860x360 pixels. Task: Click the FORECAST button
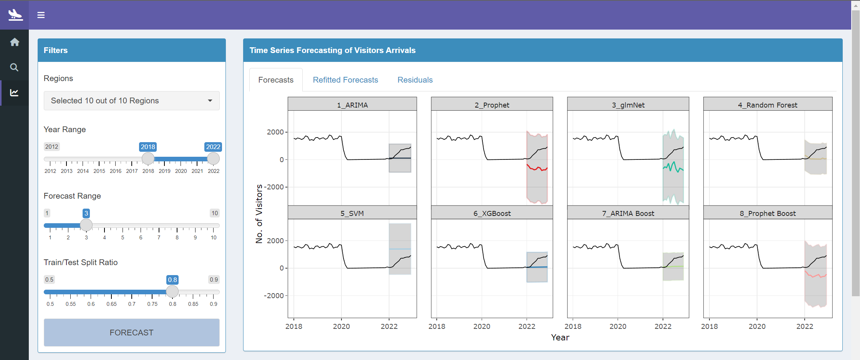[131, 332]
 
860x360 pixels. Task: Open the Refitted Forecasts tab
[345, 80]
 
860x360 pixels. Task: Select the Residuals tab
[415, 80]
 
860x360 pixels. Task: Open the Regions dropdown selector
[131, 101]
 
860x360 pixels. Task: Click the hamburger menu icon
[41, 15]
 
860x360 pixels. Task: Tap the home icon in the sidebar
[15, 42]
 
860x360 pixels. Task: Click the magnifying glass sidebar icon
[14, 67]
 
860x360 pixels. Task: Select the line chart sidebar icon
[14, 93]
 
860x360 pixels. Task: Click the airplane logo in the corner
[15, 15]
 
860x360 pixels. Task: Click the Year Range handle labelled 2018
[148, 158]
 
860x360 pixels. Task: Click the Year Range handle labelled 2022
[213, 158]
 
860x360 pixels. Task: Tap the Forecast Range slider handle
[86, 225]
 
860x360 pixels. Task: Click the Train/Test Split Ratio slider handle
[172, 291]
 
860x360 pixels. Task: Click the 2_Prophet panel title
[492, 105]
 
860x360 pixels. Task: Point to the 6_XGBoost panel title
[492, 213]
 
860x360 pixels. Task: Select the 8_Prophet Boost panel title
[767, 213]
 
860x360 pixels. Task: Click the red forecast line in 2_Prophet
[537, 168]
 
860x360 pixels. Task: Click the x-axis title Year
[560, 337]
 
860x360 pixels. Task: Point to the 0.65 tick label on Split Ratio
[111, 304]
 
